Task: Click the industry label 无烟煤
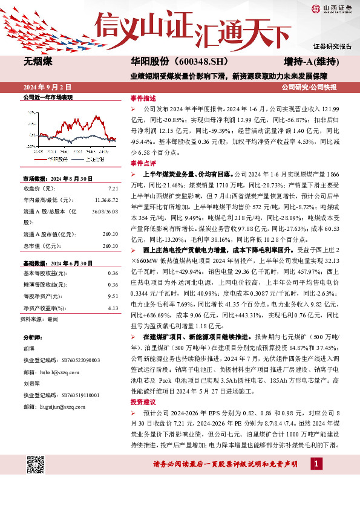(38, 62)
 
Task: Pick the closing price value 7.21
(113, 189)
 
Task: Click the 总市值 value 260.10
(110, 246)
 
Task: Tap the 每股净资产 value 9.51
(113, 296)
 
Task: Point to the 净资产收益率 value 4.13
(113, 308)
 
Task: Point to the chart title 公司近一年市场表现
(47, 97)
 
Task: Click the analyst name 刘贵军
(31, 382)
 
